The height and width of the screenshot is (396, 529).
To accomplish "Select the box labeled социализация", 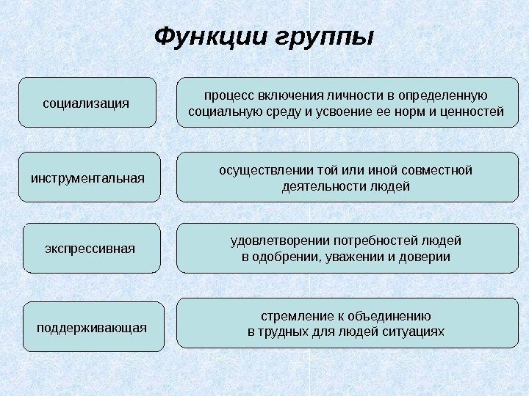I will point(87,103).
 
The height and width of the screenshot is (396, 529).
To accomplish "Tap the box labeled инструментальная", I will point(88,177).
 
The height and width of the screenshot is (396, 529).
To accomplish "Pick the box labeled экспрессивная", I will point(90,248).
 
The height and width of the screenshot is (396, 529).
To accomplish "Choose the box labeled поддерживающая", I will point(92,326).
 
